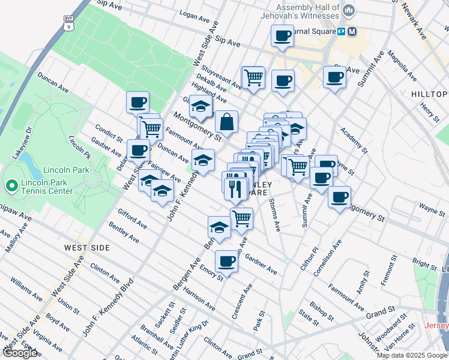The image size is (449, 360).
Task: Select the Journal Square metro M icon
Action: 352,31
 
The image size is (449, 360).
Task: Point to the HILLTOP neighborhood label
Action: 429,94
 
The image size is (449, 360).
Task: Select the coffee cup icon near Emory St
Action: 226,261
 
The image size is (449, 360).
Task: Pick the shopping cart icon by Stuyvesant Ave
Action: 253,77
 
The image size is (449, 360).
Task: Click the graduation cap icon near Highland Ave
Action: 200,108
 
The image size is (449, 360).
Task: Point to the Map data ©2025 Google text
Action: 412,355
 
